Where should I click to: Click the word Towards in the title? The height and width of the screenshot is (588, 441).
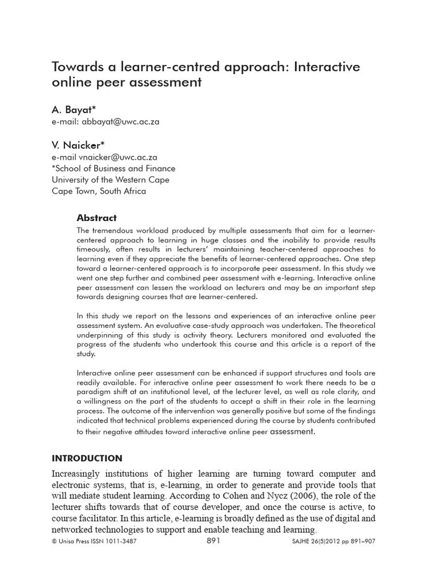[x=78, y=67]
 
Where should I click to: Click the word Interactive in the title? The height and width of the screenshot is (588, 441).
[x=327, y=67]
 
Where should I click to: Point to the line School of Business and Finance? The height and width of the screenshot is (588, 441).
[x=114, y=168]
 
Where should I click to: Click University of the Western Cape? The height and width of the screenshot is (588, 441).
[x=110, y=180]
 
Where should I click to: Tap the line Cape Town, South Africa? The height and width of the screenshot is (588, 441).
[x=99, y=191]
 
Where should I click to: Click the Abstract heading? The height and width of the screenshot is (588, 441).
[x=96, y=218]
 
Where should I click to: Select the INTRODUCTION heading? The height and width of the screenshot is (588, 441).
[x=87, y=458]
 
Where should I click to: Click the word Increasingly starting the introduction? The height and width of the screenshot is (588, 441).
[x=82, y=474]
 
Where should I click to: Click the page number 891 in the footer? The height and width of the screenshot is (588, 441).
[x=213, y=541]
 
